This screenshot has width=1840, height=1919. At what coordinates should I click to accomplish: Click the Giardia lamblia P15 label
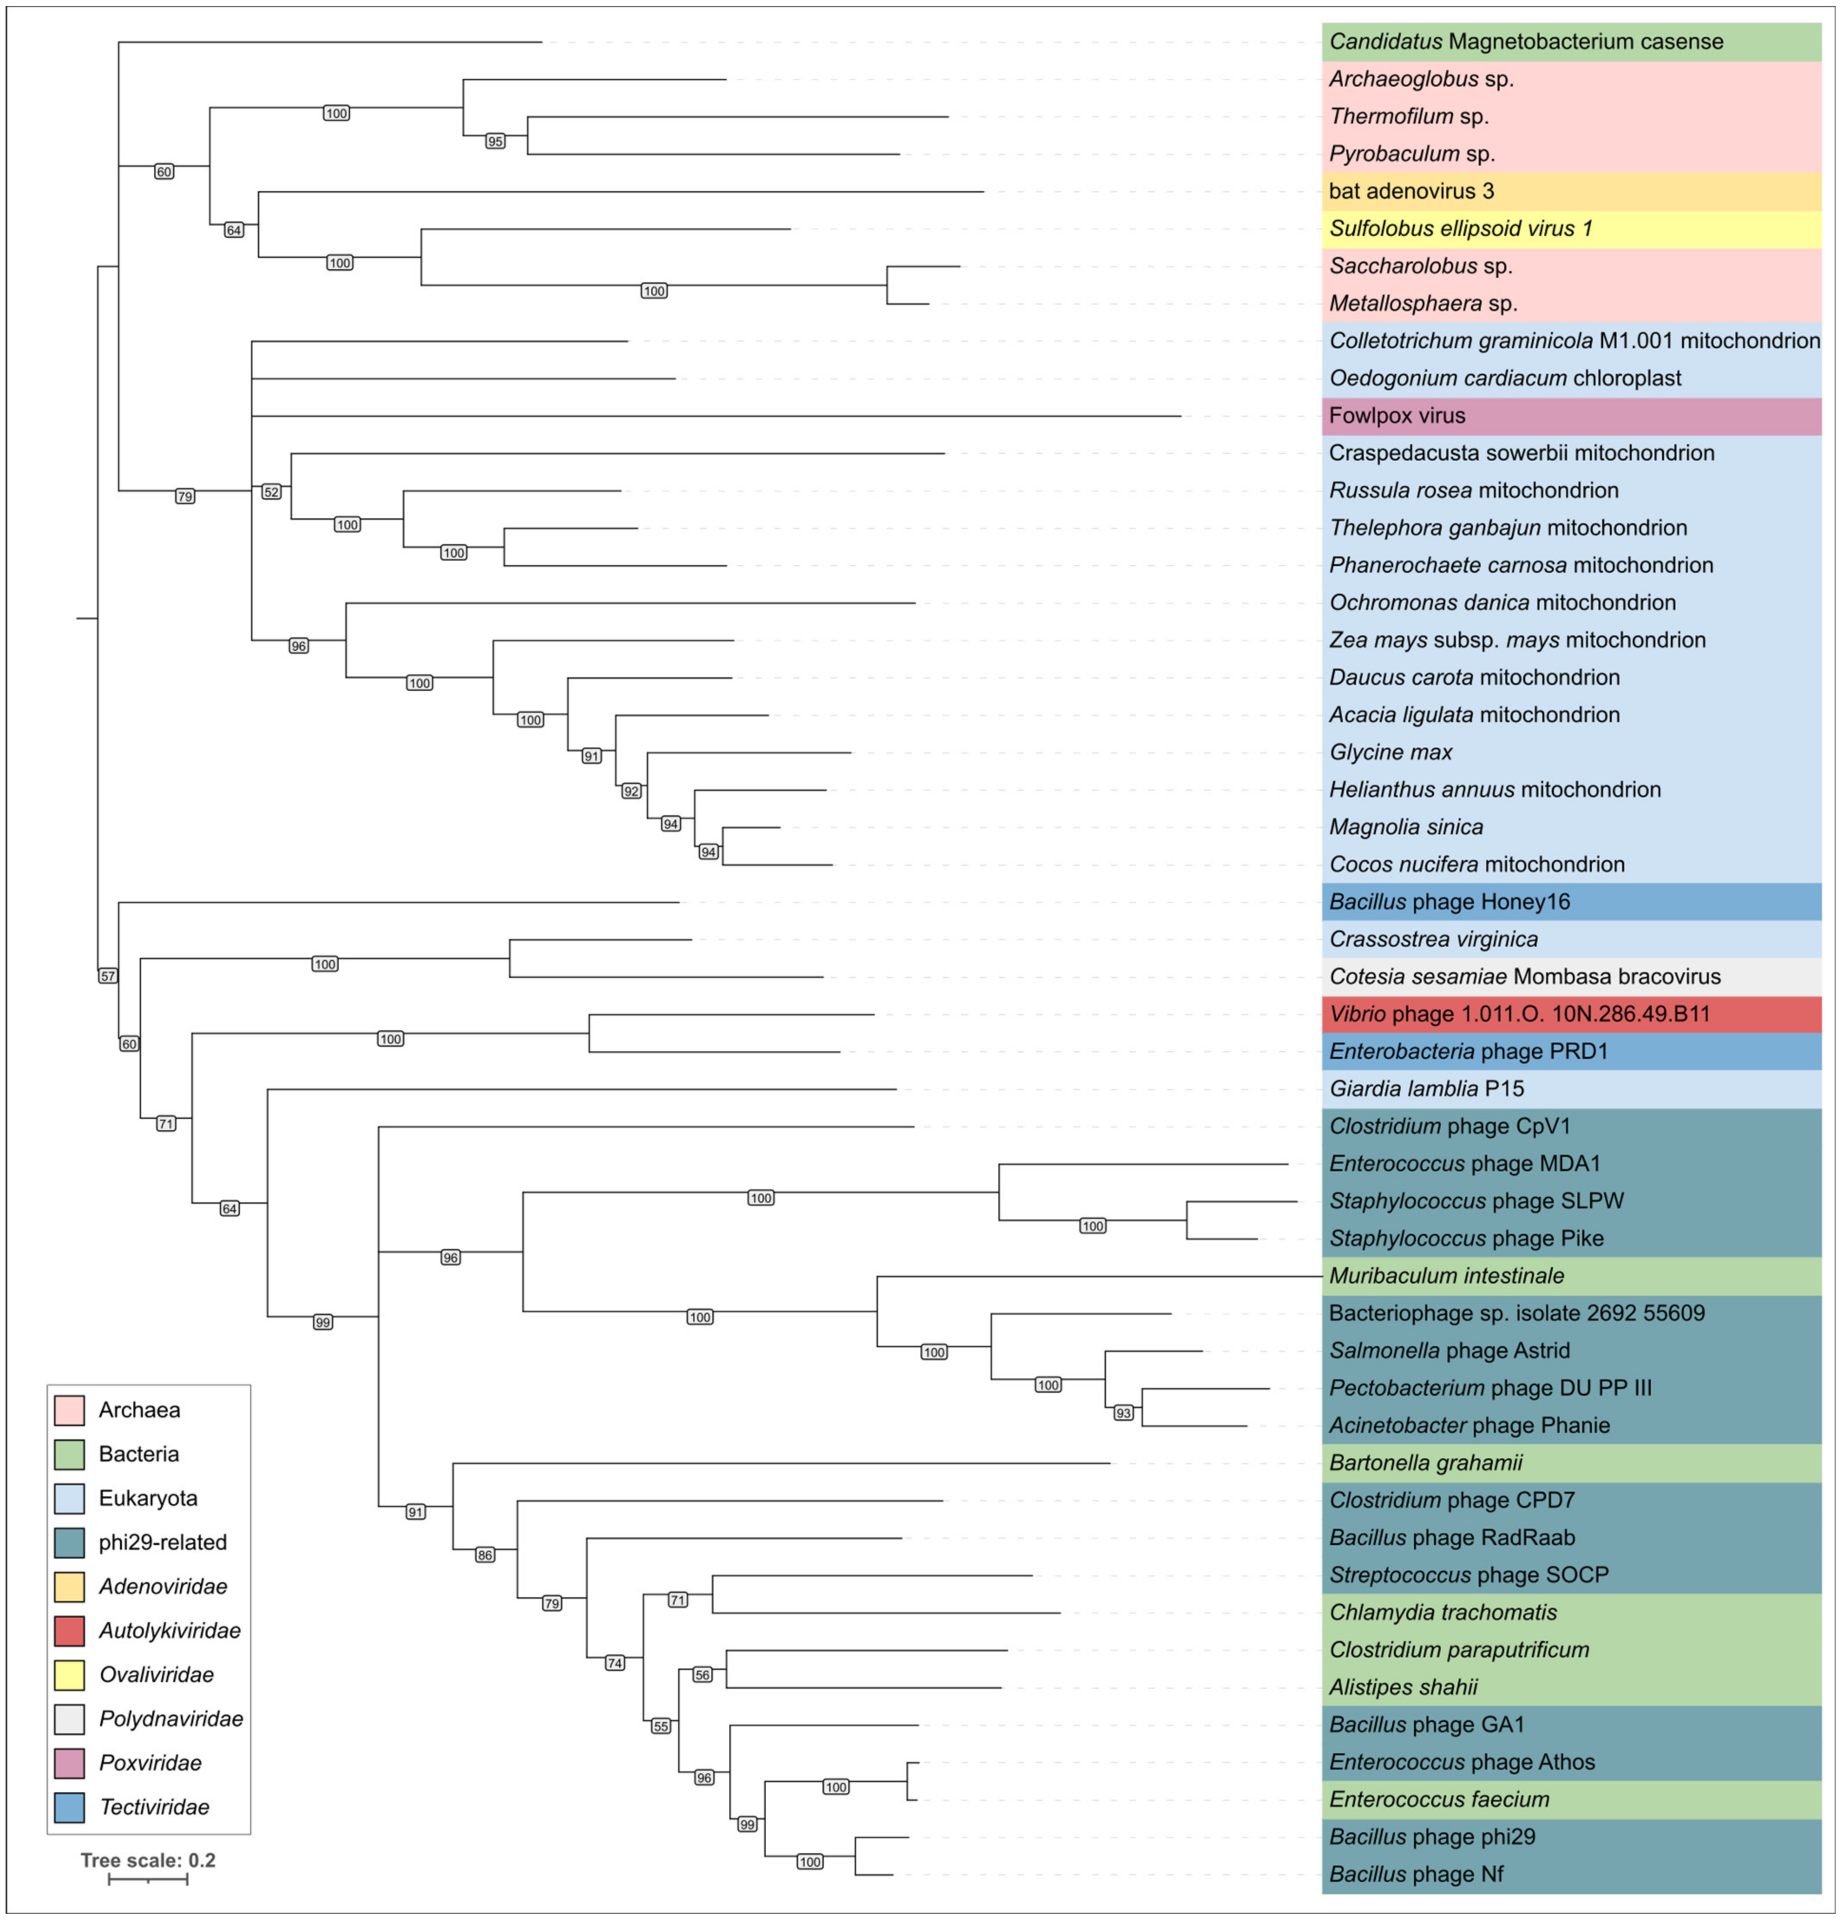[x=1426, y=1089]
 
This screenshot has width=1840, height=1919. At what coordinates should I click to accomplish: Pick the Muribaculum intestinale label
[x=1446, y=1276]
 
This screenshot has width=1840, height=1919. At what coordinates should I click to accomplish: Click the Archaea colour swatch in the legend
[x=69, y=1410]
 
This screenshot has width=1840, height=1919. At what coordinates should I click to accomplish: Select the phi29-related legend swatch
[x=69, y=1542]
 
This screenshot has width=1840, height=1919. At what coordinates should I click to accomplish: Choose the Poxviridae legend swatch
[x=69, y=1762]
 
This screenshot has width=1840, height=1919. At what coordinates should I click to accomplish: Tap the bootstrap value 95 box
[x=495, y=142]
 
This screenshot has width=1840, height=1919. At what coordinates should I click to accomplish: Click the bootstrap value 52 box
[x=271, y=492]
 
